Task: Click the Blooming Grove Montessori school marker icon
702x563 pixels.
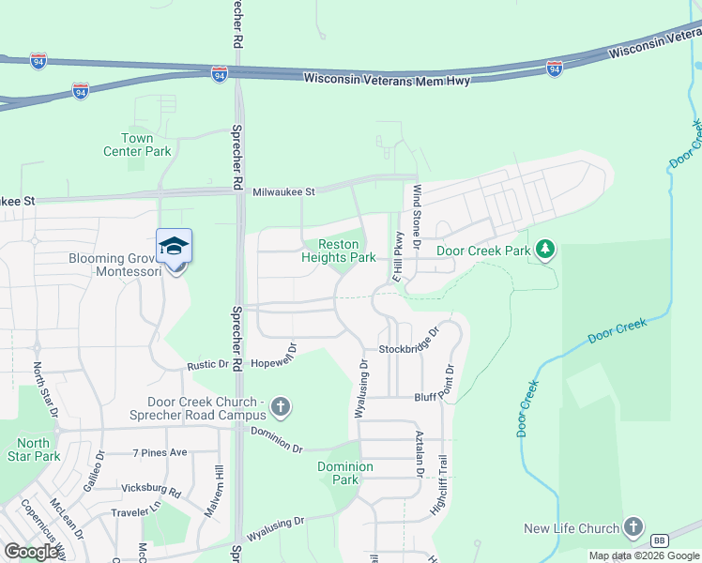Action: pos(175,247)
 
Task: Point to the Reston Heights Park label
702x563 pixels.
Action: pos(339,251)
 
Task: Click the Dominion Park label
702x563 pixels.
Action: pos(344,473)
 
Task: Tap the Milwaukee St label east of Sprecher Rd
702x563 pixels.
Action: pos(284,192)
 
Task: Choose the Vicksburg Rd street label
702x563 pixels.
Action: pos(150,490)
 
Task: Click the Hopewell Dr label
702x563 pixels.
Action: pos(274,354)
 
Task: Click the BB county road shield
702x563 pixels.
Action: pos(659,539)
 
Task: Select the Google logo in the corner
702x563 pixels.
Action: pos(32,552)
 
